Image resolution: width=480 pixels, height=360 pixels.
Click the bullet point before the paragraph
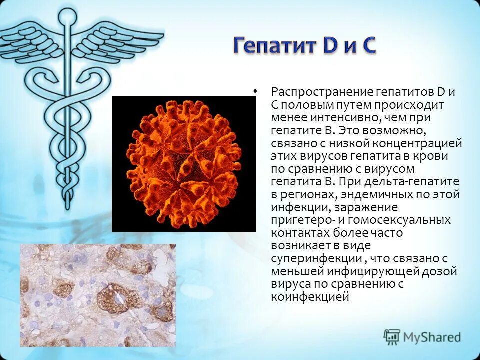click(x=255, y=91)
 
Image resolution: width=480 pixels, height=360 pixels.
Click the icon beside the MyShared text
click(x=392, y=336)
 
